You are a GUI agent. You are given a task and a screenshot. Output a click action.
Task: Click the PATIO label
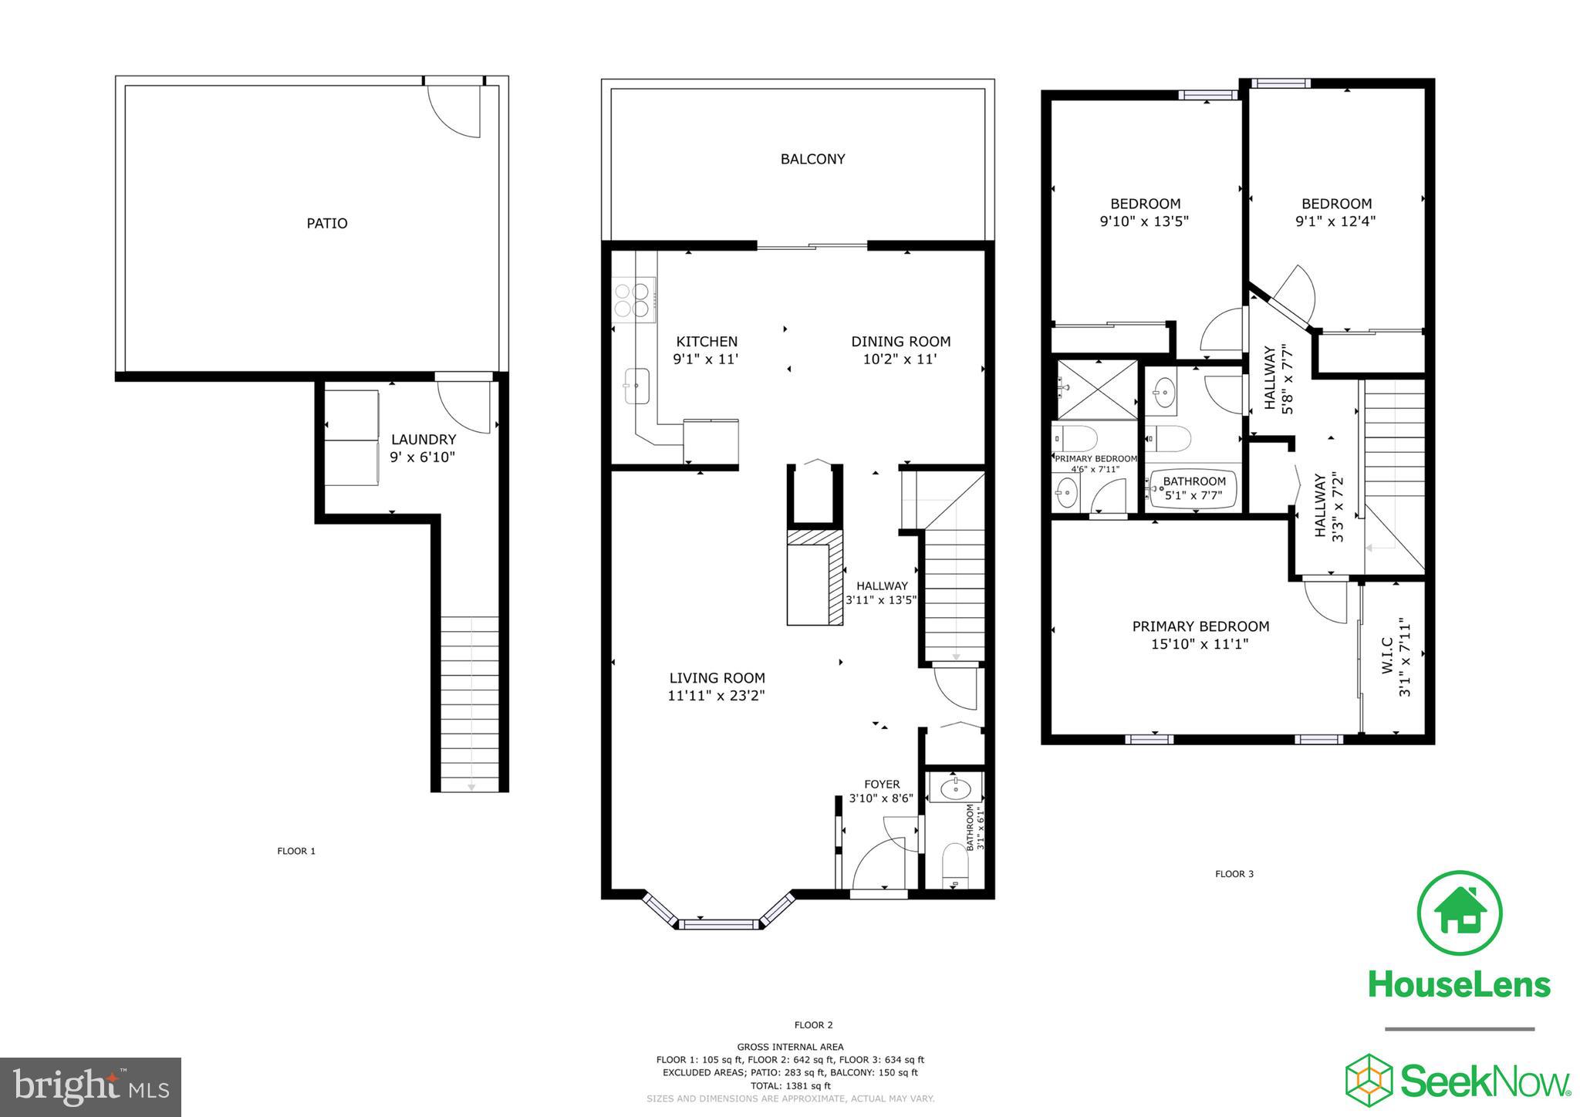pyautogui.click(x=327, y=224)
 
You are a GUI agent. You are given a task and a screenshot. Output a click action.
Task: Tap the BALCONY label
pyautogui.click(x=812, y=159)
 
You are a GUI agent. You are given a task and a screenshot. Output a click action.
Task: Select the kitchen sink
pyautogui.click(x=636, y=385)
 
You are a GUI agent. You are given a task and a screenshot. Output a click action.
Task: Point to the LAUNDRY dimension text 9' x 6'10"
pyautogui.click(x=423, y=457)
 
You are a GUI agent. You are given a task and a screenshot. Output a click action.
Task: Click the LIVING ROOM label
pyautogui.click(x=717, y=678)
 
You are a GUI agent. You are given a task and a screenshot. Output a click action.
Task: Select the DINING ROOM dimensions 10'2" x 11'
pyautogui.click(x=900, y=359)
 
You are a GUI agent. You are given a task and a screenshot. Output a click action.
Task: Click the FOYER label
pyautogui.click(x=881, y=785)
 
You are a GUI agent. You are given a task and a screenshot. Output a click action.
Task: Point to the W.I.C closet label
pyautogui.click(x=1387, y=656)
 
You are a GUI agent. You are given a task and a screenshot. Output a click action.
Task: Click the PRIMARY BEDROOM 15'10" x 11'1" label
pyautogui.click(x=1200, y=635)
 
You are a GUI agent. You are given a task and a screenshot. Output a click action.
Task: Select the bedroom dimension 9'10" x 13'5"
pyautogui.click(x=1145, y=221)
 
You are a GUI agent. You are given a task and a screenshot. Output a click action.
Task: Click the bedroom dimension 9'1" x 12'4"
pyautogui.click(x=1336, y=221)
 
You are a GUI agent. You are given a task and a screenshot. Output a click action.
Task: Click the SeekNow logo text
pyautogui.click(x=1485, y=1082)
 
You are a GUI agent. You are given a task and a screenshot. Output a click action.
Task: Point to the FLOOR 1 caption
pyautogui.click(x=296, y=852)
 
